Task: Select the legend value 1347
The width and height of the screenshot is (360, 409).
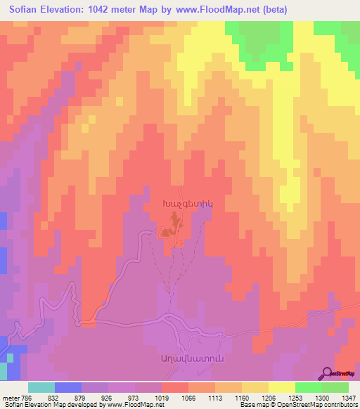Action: click(x=349, y=397)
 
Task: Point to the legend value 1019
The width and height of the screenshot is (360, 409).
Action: click(x=162, y=397)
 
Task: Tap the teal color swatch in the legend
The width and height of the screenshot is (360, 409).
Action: click(x=41, y=387)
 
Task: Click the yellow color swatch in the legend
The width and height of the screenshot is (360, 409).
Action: click(x=281, y=387)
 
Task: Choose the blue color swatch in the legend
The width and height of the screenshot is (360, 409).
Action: click(x=68, y=387)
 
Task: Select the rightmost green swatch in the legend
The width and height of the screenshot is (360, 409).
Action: click(x=335, y=387)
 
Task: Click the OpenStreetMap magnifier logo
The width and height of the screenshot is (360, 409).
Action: click(x=327, y=374)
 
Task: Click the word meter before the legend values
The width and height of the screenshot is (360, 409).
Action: click(x=9, y=397)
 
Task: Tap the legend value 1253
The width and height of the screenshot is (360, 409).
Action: click(x=295, y=397)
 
